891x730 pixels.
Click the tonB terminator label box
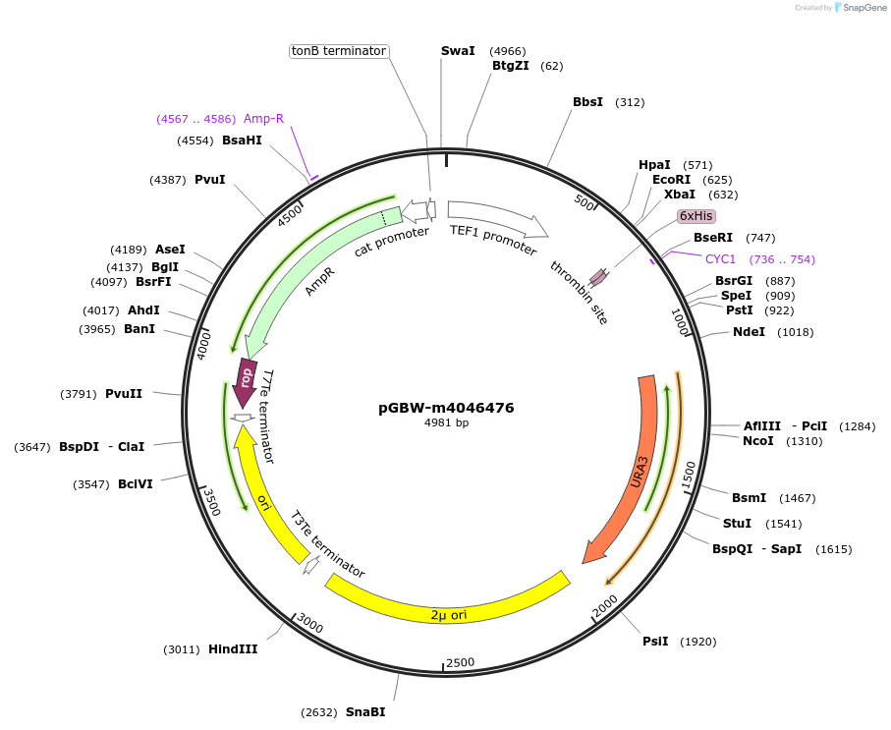pos(339,51)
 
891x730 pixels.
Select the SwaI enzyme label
pos(458,51)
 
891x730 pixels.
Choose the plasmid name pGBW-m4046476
pos(446,408)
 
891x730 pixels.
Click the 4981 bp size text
pos(446,422)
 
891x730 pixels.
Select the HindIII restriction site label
pos(233,649)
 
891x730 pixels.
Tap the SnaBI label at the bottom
pos(365,712)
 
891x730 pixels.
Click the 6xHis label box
pos(696,216)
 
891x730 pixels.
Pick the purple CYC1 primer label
pos(720,259)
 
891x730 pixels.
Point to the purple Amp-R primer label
pos(263,119)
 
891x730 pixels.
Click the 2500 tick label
pos(461,663)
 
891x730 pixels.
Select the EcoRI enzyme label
pos(672,180)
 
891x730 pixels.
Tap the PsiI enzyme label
pos(655,642)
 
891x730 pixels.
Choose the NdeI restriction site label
pos(749,332)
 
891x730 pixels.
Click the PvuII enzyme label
pos(124,394)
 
